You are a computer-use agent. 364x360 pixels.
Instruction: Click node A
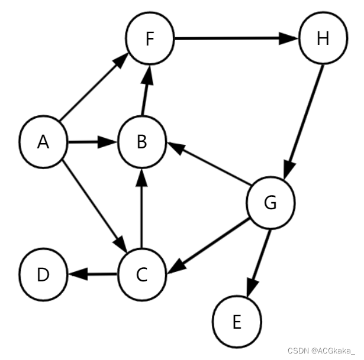[43, 142]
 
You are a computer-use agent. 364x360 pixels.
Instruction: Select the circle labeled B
[141, 142]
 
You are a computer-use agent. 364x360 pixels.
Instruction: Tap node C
[141, 274]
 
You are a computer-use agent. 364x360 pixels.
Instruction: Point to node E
[237, 322]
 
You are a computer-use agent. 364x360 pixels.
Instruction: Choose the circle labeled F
[150, 40]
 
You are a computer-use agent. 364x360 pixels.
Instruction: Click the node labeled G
[270, 203]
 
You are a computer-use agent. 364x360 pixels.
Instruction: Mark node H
[323, 40]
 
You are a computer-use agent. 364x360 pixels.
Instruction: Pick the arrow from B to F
[145, 91]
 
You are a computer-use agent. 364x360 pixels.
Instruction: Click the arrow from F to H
[236, 40]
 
